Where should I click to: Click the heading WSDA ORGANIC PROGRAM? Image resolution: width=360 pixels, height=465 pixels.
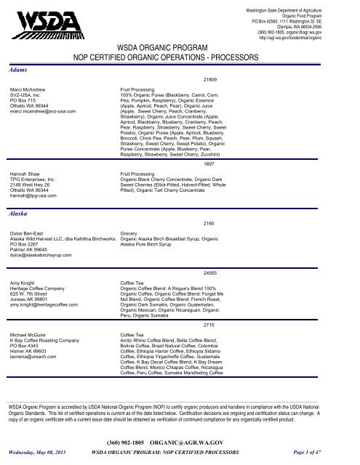pos(179,46)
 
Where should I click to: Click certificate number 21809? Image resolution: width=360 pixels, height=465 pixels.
pos(215,78)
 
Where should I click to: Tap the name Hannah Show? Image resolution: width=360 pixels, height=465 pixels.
pos(27,175)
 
